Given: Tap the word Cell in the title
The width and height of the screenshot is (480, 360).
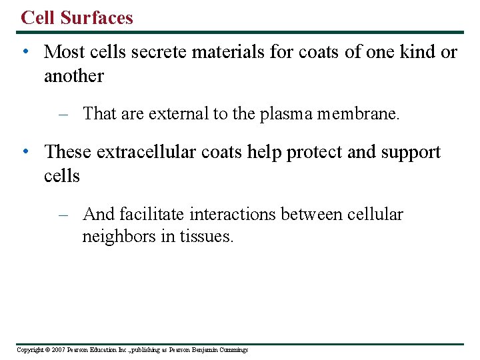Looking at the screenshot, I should click(x=37, y=17).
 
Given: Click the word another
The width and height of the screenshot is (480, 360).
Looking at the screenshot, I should click(x=73, y=77).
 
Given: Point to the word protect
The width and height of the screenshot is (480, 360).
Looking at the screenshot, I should click(x=314, y=152).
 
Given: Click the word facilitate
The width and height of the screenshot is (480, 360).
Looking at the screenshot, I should click(x=152, y=214).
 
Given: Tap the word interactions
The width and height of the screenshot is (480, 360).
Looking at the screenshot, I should click(x=233, y=214).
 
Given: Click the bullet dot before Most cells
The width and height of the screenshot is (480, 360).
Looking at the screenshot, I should click(x=25, y=52).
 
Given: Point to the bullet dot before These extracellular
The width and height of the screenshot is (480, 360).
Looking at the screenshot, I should click(x=25, y=152).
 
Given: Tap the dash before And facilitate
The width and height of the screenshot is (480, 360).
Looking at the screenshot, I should click(x=64, y=215).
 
